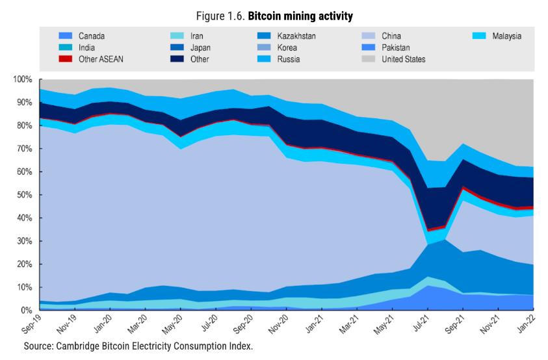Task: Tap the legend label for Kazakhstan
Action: click(296, 36)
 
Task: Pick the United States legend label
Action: click(403, 60)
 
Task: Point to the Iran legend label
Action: click(197, 36)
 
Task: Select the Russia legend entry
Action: click(288, 60)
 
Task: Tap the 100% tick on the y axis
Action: click(22, 80)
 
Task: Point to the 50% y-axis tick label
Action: click(24, 195)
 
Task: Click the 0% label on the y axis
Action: click(27, 311)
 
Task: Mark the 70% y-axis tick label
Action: click(24, 149)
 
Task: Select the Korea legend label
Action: click(288, 48)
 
